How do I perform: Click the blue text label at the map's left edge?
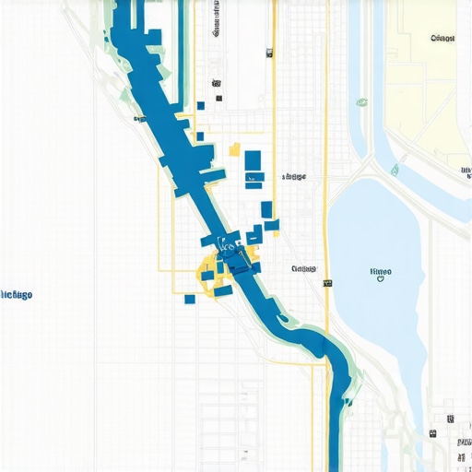[17, 294]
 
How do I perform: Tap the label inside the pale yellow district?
[442, 39]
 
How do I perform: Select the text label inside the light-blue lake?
[380, 271]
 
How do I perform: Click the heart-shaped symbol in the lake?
[380, 280]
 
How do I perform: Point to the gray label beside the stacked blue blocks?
[294, 175]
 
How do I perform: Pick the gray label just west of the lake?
[303, 269]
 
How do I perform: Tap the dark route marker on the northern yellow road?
[271, 53]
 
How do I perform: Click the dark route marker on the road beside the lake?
[326, 284]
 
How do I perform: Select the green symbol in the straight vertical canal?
[361, 102]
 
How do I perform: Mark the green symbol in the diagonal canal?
[395, 170]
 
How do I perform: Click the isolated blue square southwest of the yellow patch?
[190, 298]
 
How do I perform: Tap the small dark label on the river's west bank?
[139, 119]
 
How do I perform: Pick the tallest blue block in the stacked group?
[253, 160]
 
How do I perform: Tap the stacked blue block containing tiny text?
[255, 176]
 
